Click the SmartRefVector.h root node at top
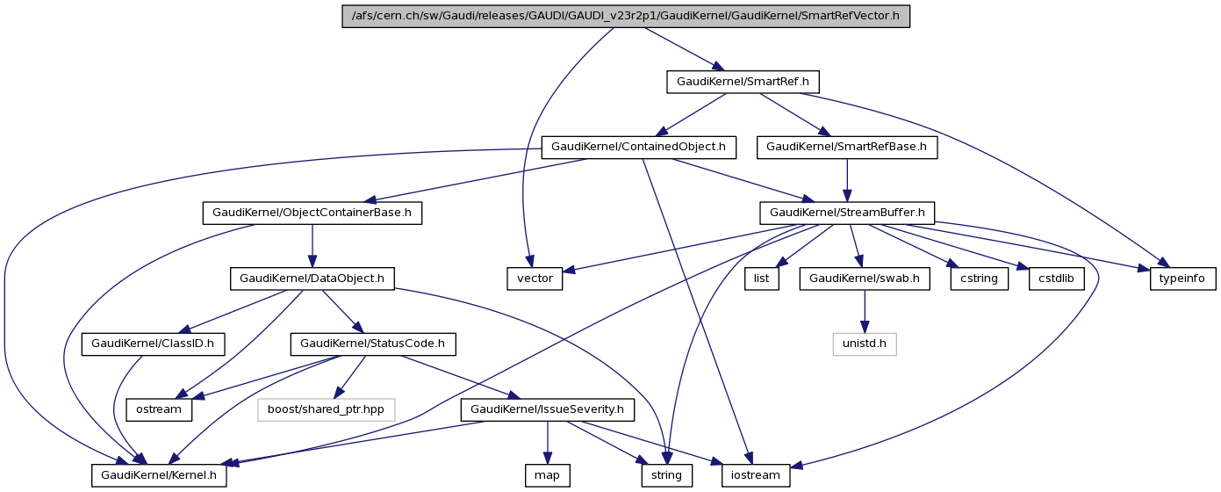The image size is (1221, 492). pyautogui.click(x=625, y=17)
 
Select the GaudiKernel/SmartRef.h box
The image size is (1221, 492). pyautogui.click(x=743, y=82)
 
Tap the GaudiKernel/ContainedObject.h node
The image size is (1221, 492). pyautogui.click(x=638, y=147)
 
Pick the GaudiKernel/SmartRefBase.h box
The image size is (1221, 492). pyautogui.click(x=846, y=147)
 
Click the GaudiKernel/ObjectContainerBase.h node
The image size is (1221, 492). pyautogui.click(x=312, y=213)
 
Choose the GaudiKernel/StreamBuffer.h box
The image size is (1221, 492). pyautogui.click(x=846, y=213)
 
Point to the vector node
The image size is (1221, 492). pyautogui.click(x=535, y=278)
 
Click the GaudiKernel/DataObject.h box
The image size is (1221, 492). pyautogui.click(x=312, y=278)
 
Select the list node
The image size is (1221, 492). pyautogui.click(x=762, y=278)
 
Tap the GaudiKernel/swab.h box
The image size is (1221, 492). pyautogui.click(x=864, y=278)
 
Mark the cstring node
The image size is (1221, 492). pyautogui.click(x=979, y=278)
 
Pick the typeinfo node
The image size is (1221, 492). pyautogui.click(x=1183, y=278)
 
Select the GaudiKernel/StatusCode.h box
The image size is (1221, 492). pyautogui.click(x=377, y=344)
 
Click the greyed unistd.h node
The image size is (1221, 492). pyautogui.click(x=865, y=344)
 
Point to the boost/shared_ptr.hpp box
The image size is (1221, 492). pyautogui.click(x=326, y=409)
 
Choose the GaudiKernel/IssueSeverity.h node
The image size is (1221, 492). pyautogui.click(x=547, y=409)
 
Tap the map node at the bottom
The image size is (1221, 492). pyautogui.click(x=548, y=475)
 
